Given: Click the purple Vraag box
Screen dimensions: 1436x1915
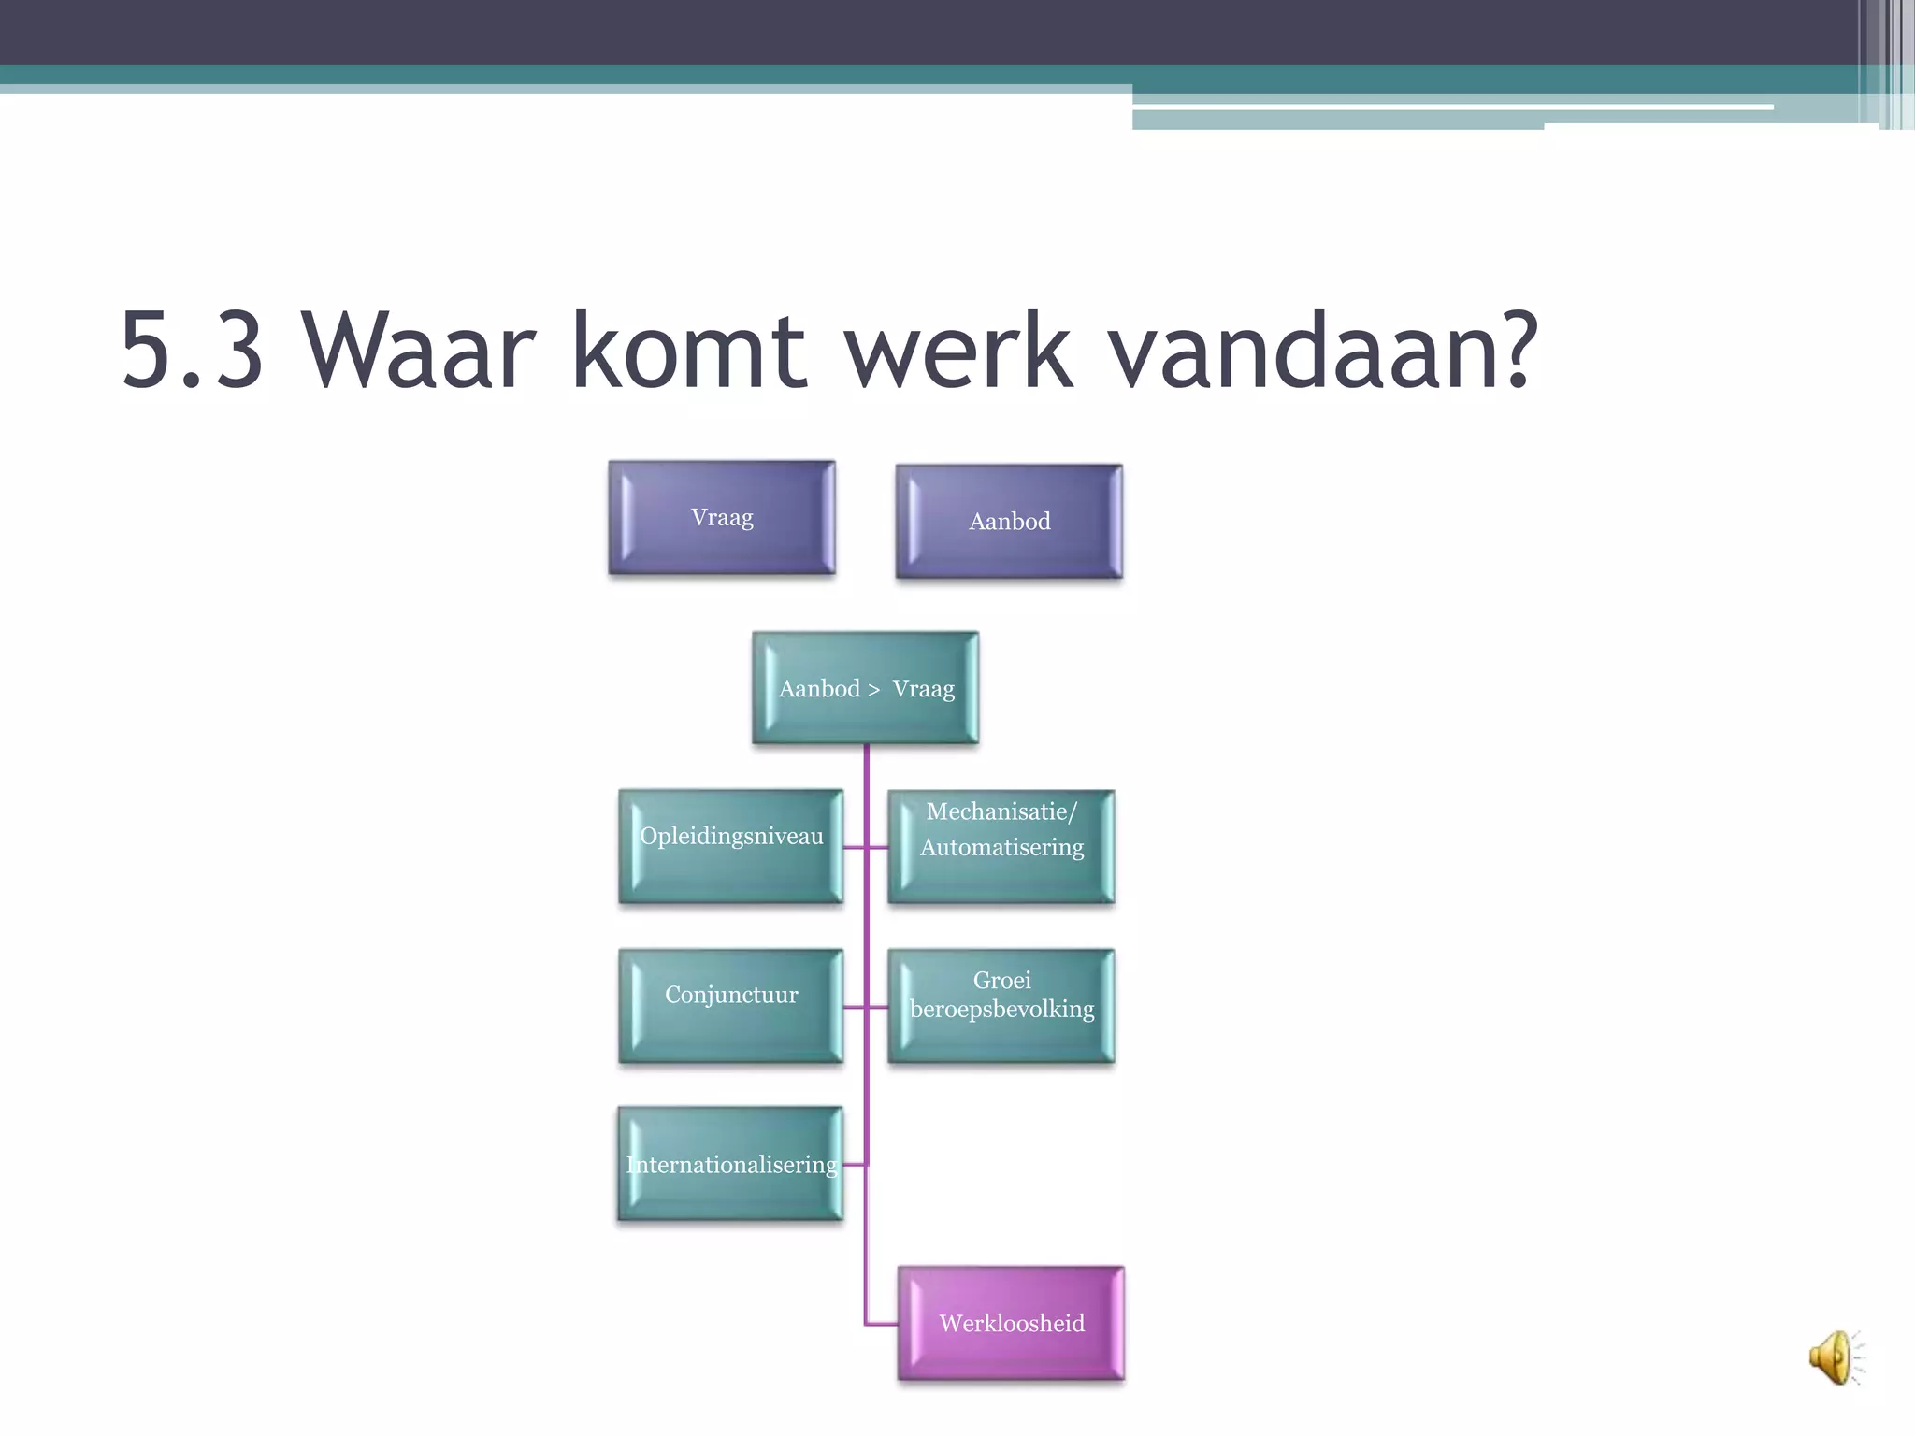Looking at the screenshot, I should (721, 518).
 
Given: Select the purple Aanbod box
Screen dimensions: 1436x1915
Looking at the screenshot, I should (1009, 522).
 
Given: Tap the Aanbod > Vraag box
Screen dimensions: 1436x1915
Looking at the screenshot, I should (866, 689).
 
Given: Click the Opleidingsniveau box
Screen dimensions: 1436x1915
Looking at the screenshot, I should (730, 846).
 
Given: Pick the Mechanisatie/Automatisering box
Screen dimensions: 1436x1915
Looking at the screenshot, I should (1001, 846).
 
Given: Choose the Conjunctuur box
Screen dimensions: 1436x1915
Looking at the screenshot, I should (730, 1006).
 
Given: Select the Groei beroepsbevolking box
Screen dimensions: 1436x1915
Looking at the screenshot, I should (1001, 1006).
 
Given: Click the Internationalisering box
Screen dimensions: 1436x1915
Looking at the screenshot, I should (730, 1164).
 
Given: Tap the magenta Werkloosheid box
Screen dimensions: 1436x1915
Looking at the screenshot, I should (1011, 1323).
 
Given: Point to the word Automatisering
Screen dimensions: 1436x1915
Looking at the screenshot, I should (1001, 848).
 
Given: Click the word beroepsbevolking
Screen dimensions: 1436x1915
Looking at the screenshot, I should (1001, 1010).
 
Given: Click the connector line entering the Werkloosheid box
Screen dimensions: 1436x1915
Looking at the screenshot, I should (883, 1324).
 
